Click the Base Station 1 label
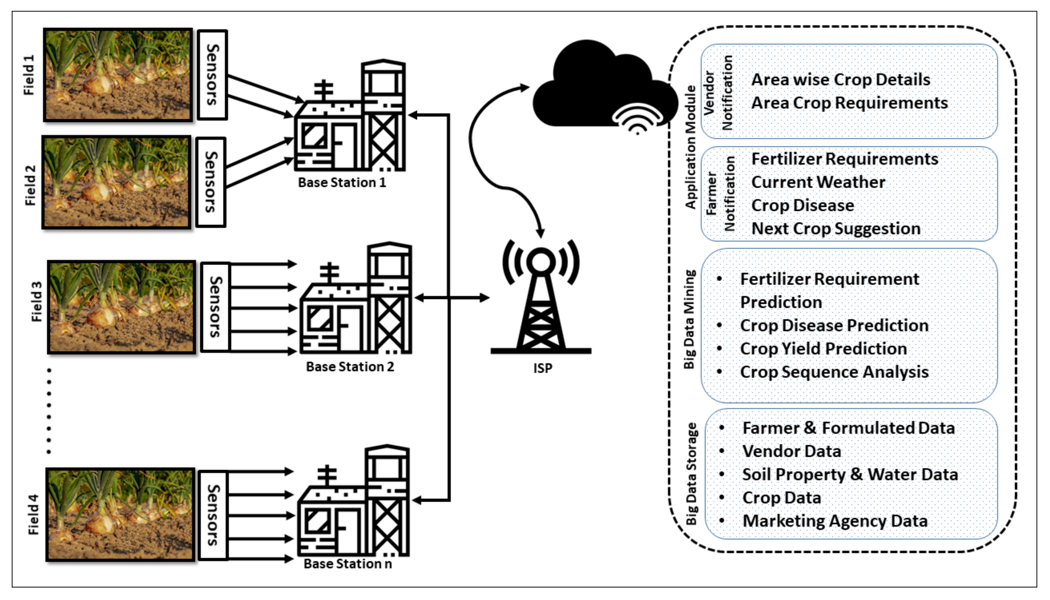342,183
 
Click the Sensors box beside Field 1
212,75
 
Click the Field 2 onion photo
117,182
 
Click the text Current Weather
818,182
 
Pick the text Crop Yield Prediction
823,349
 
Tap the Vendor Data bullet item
791,451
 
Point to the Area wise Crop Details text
841,80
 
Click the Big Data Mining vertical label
689,319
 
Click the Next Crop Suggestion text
836,229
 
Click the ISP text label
542,368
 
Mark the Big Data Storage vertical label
691,474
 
